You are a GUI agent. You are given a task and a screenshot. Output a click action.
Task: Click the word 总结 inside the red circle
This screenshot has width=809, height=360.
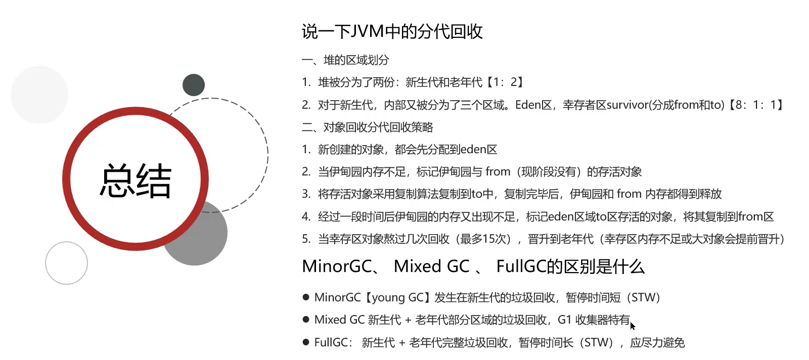[136, 181]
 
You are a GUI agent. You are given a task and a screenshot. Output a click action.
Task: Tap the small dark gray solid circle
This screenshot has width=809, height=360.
[194, 85]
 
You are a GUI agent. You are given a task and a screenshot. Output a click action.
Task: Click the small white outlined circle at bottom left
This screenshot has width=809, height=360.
[66, 263]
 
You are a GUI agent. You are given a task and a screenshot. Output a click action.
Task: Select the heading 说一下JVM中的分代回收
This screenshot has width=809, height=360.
[392, 32]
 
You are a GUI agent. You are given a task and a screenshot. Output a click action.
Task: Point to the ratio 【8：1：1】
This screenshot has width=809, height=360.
[756, 105]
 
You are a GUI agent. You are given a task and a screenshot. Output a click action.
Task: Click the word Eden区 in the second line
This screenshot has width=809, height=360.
[533, 105]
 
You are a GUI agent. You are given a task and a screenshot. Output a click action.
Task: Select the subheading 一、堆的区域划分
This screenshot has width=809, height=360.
[345, 60]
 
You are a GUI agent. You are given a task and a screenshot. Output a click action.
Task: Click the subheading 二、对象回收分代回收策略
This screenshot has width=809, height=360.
[367, 127]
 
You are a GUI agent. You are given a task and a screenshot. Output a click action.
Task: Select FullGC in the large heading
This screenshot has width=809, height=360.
[521, 266]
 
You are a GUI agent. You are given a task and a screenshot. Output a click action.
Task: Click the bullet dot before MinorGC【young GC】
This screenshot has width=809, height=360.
[306, 297]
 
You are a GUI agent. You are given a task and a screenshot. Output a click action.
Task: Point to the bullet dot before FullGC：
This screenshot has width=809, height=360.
[306, 342]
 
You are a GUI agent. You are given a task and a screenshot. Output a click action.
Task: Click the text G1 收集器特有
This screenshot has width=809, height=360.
[594, 320]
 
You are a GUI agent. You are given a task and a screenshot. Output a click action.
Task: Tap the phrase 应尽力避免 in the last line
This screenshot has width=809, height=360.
[657, 343]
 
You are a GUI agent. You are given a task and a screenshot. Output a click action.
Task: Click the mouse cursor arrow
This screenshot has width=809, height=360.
[633, 326]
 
